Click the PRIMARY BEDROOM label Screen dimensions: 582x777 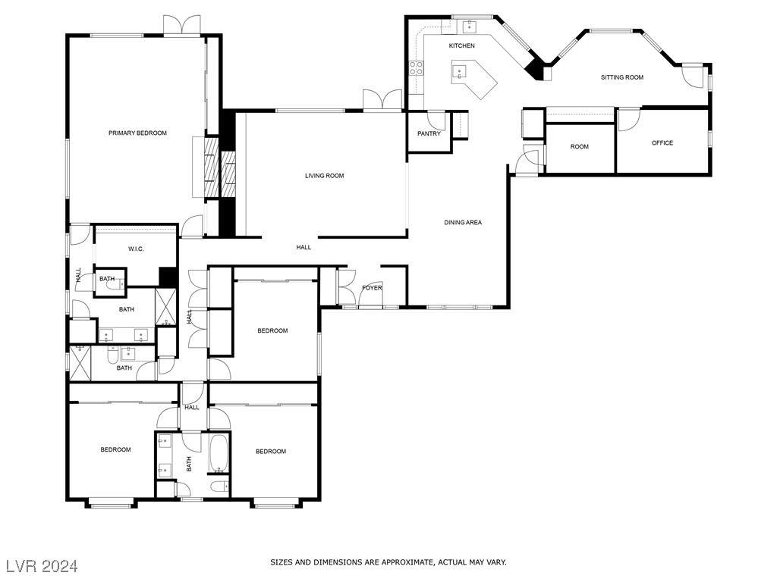pyautogui.click(x=137, y=133)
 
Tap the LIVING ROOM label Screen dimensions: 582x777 pyautogui.click(x=324, y=176)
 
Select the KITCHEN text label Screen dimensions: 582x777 pyautogui.click(x=461, y=46)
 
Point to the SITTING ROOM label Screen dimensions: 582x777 pyautogui.click(x=621, y=77)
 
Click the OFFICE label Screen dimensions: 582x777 pyautogui.click(x=662, y=143)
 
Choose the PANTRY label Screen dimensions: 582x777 pyautogui.click(x=429, y=134)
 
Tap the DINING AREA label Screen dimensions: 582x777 pyautogui.click(x=463, y=223)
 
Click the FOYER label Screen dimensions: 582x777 pyautogui.click(x=372, y=288)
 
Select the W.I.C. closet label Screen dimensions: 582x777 pyautogui.click(x=137, y=249)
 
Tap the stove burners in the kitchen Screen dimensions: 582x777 pyautogui.click(x=417, y=69)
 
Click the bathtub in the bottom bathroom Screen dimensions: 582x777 pyautogui.click(x=219, y=452)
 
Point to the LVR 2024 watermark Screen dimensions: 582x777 pyautogui.click(x=42, y=566)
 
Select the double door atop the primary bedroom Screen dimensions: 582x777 pyautogui.click(x=182, y=25)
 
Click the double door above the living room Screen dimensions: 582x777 pyautogui.click(x=382, y=100)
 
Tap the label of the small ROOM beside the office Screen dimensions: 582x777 pyautogui.click(x=579, y=147)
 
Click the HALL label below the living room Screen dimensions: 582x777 pyautogui.click(x=304, y=247)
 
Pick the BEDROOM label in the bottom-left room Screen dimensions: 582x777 pyautogui.click(x=115, y=450)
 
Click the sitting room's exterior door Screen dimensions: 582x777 pyautogui.click(x=692, y=75)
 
